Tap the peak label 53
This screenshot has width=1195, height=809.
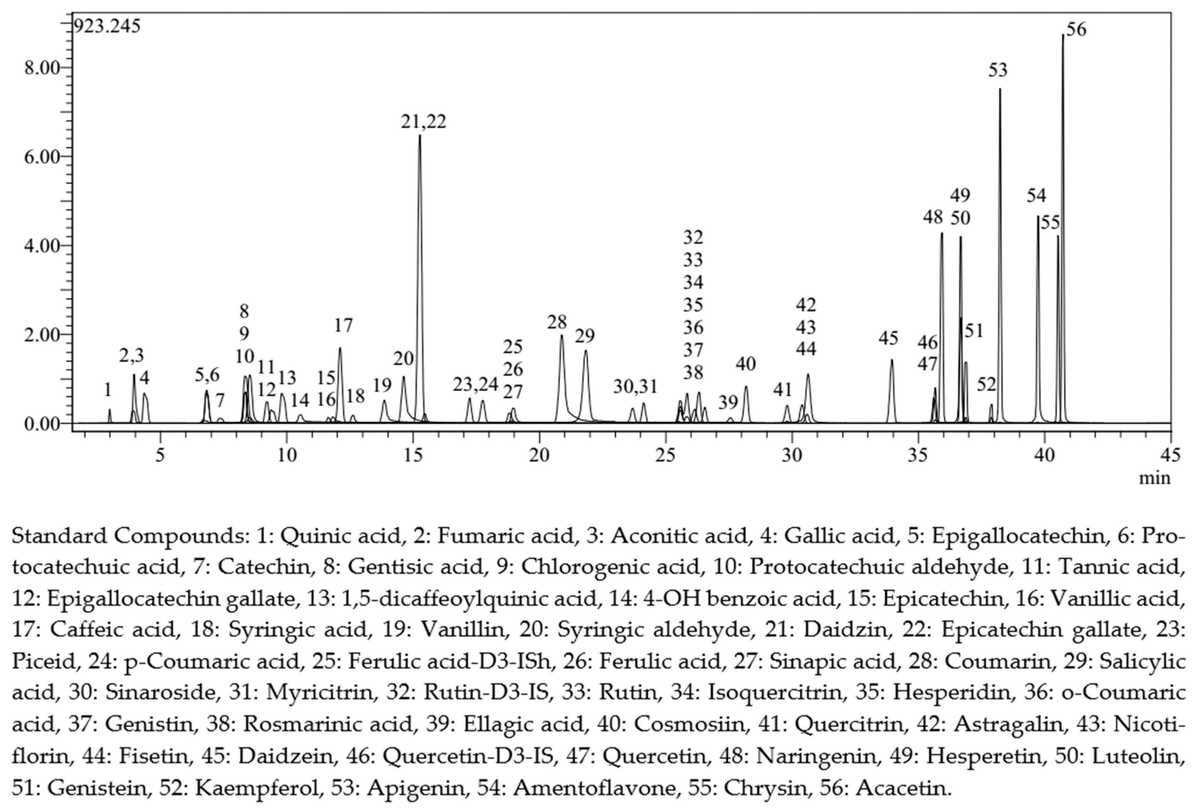pos(997,70)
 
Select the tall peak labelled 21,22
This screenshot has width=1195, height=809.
pos(420,139)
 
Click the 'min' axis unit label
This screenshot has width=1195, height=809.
pos(1155,478)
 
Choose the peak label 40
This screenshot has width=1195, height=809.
pos(745,364)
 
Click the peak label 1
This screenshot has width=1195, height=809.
pos(107,390)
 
